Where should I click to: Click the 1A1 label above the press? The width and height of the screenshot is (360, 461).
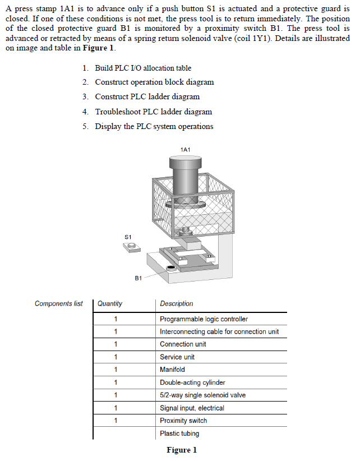(x=186, y=149)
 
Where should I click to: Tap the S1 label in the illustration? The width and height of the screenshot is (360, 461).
(x=128, y=237)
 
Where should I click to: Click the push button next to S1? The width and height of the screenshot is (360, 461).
(x=131, y=247)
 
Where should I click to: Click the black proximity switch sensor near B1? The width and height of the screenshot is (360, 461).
(x=170, y=268)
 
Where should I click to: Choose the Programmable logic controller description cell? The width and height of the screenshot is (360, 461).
(x=204, y=319)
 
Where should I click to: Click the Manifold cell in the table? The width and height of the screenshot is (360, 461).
(x=172, y=370)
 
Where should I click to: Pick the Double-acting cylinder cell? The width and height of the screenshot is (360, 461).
(x=192, y=382)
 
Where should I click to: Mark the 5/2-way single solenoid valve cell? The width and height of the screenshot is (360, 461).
(x=202, y=395)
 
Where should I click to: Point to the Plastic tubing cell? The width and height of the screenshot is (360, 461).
(x=179, y=434)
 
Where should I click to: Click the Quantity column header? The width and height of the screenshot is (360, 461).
(x=110, y=303)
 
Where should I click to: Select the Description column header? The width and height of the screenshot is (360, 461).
(x=177, y=303)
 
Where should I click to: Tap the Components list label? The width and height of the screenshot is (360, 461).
(x=58, y=303)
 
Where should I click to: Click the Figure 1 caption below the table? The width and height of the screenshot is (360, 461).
(x=182, y=450)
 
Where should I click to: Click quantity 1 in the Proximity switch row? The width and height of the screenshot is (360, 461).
(x=116, y=421)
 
